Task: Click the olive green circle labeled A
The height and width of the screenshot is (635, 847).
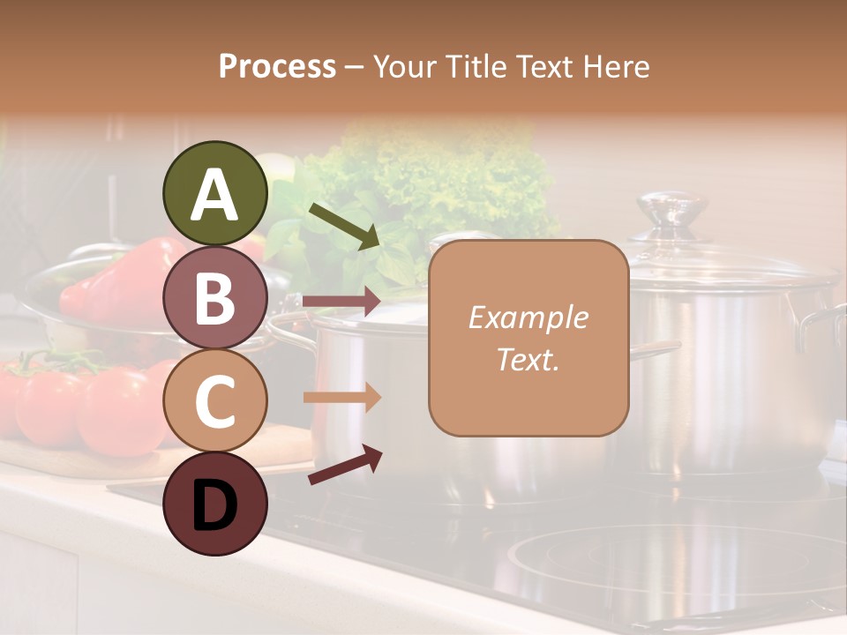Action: click(214, 193)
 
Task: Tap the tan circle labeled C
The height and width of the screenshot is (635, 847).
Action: click(214, 400)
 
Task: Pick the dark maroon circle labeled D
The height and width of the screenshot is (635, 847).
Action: click(214, 504)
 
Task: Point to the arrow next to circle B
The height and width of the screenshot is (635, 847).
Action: click(341, 301)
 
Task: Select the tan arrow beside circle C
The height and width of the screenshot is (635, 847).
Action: click(341, 397)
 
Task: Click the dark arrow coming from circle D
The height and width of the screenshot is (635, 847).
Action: click(345, 465)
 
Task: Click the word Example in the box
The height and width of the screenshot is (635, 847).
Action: click(528, 317)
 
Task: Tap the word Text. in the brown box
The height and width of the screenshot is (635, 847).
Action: click(528, 359)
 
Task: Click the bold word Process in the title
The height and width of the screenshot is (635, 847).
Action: click(277, 66)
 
